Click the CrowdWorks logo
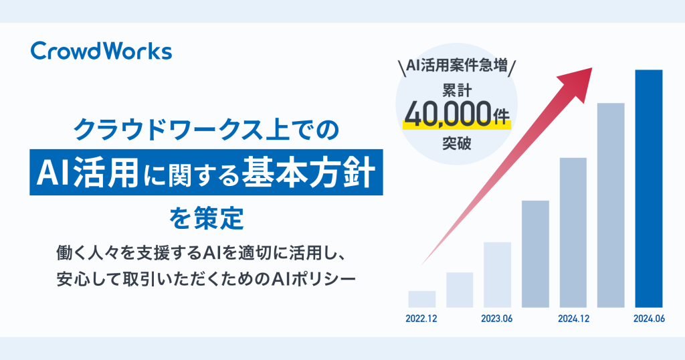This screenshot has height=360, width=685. click(x=102, y=51)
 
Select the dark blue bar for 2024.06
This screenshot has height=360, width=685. click(x=649, y=189)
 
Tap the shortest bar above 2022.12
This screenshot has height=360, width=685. click(x=422, y=299)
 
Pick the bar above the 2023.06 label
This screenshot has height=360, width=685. click(x=497, y=275)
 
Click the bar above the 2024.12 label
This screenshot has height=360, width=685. click(x=573, y=232)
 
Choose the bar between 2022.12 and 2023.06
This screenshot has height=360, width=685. click(x=460, y=290)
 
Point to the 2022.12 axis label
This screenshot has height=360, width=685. click(x=421, y=319)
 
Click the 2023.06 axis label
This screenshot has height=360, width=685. click(x=497, y=319)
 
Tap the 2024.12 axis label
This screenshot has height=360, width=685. click(x=573, y=319)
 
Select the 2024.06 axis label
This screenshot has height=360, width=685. click(x=649, y=319)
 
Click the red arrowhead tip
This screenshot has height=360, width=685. click(x=592, y=68)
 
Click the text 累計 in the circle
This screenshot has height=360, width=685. click(x=456, y=90)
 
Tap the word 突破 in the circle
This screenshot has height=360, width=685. click(x=456, y=143)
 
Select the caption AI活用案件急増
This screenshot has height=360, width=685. click(x=456, y=66)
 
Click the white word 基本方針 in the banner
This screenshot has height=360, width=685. click(x=309, y=173)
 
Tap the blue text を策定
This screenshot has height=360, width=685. click(x=206, y=218)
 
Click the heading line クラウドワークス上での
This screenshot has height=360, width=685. click(x=206, y=130)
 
